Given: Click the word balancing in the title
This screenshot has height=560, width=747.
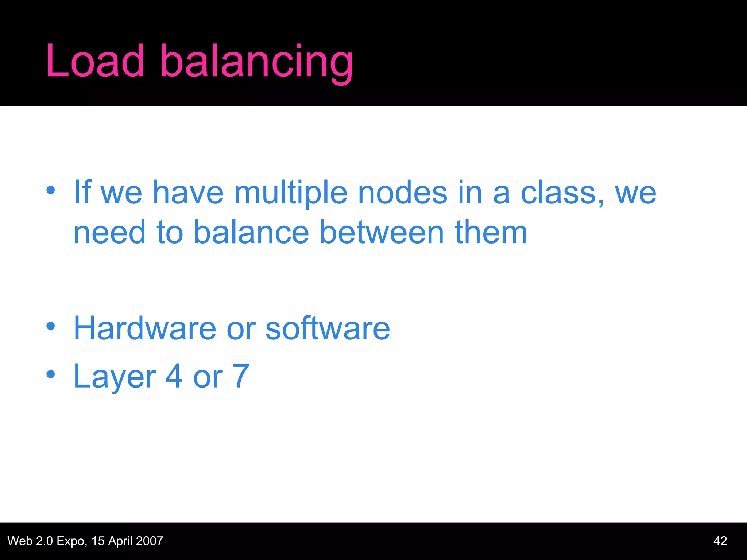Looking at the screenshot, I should (256, 62).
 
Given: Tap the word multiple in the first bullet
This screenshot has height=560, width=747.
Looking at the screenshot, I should (290, 194).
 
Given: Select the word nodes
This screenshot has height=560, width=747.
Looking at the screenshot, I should (402, 193).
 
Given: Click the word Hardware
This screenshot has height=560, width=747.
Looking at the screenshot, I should (145, 328).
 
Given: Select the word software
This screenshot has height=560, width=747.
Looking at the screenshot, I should (328, 328).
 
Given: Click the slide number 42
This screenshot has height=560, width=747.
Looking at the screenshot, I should (720, 541).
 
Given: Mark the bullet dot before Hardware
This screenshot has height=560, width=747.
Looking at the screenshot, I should (51, 326).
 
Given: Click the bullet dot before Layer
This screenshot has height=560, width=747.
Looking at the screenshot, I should (51, 374).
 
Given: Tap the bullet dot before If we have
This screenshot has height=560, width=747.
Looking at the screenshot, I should (51, 190).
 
